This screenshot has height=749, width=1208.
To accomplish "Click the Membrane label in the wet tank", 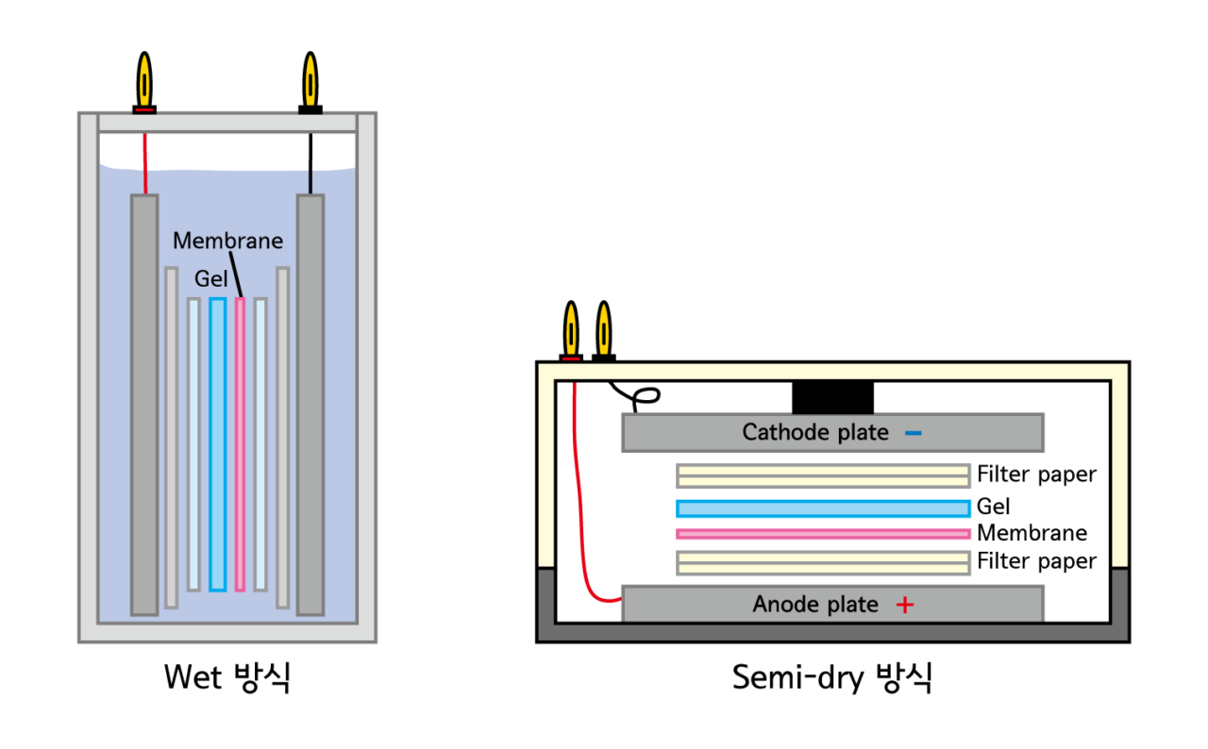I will pyautogui.click(x=227, y=241).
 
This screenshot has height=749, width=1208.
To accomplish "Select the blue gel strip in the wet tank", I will pyautogui.click(x=218, y=443).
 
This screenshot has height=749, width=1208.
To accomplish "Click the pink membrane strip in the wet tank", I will pyautogui.click(x=240, y=443).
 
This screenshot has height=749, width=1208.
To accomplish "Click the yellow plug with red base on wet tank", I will pyautogui.click(x=144, y=83).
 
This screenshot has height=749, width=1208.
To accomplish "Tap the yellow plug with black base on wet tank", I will pyautogui.click(x=310, y=83).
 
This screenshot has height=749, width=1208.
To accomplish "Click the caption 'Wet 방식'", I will pyautogui.click(x=227, y=677).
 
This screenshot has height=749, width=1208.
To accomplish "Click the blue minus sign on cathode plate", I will pyautogui.click(x=913, y=433).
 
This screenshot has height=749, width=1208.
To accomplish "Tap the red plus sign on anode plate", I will pyautogui.click(x=904, y=605).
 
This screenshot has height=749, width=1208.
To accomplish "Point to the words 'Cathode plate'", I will pyautogui.click(x=815, y=433).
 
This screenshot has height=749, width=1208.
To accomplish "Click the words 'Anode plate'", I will pyautogui.click(x=815, y=605).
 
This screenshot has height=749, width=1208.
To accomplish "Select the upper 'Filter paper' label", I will pyautogui.click(x=1036, y=474).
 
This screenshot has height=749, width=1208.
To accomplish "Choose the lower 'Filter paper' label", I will pyautogui.click(x=1036, y=562).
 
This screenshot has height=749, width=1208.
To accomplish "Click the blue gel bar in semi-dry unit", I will pyautogui.click(x=823, y=508).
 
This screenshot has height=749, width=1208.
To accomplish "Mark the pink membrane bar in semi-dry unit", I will pyautogui.click(x=823, y=534).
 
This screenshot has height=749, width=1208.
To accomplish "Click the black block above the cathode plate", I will pyautogui.click(x=832, y=397).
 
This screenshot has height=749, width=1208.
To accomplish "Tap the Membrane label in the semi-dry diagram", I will pyautogui.click(x=1032, y=533).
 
